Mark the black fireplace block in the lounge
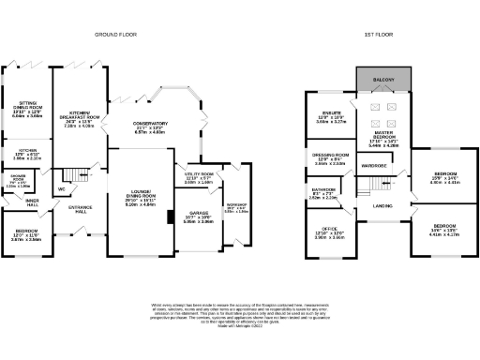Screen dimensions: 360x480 [x=169, y=217]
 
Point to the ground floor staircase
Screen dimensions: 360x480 [x=68, y=175]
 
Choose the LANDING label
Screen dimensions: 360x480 [x=382, y=205]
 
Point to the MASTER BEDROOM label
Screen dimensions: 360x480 [x=381, y=137]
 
